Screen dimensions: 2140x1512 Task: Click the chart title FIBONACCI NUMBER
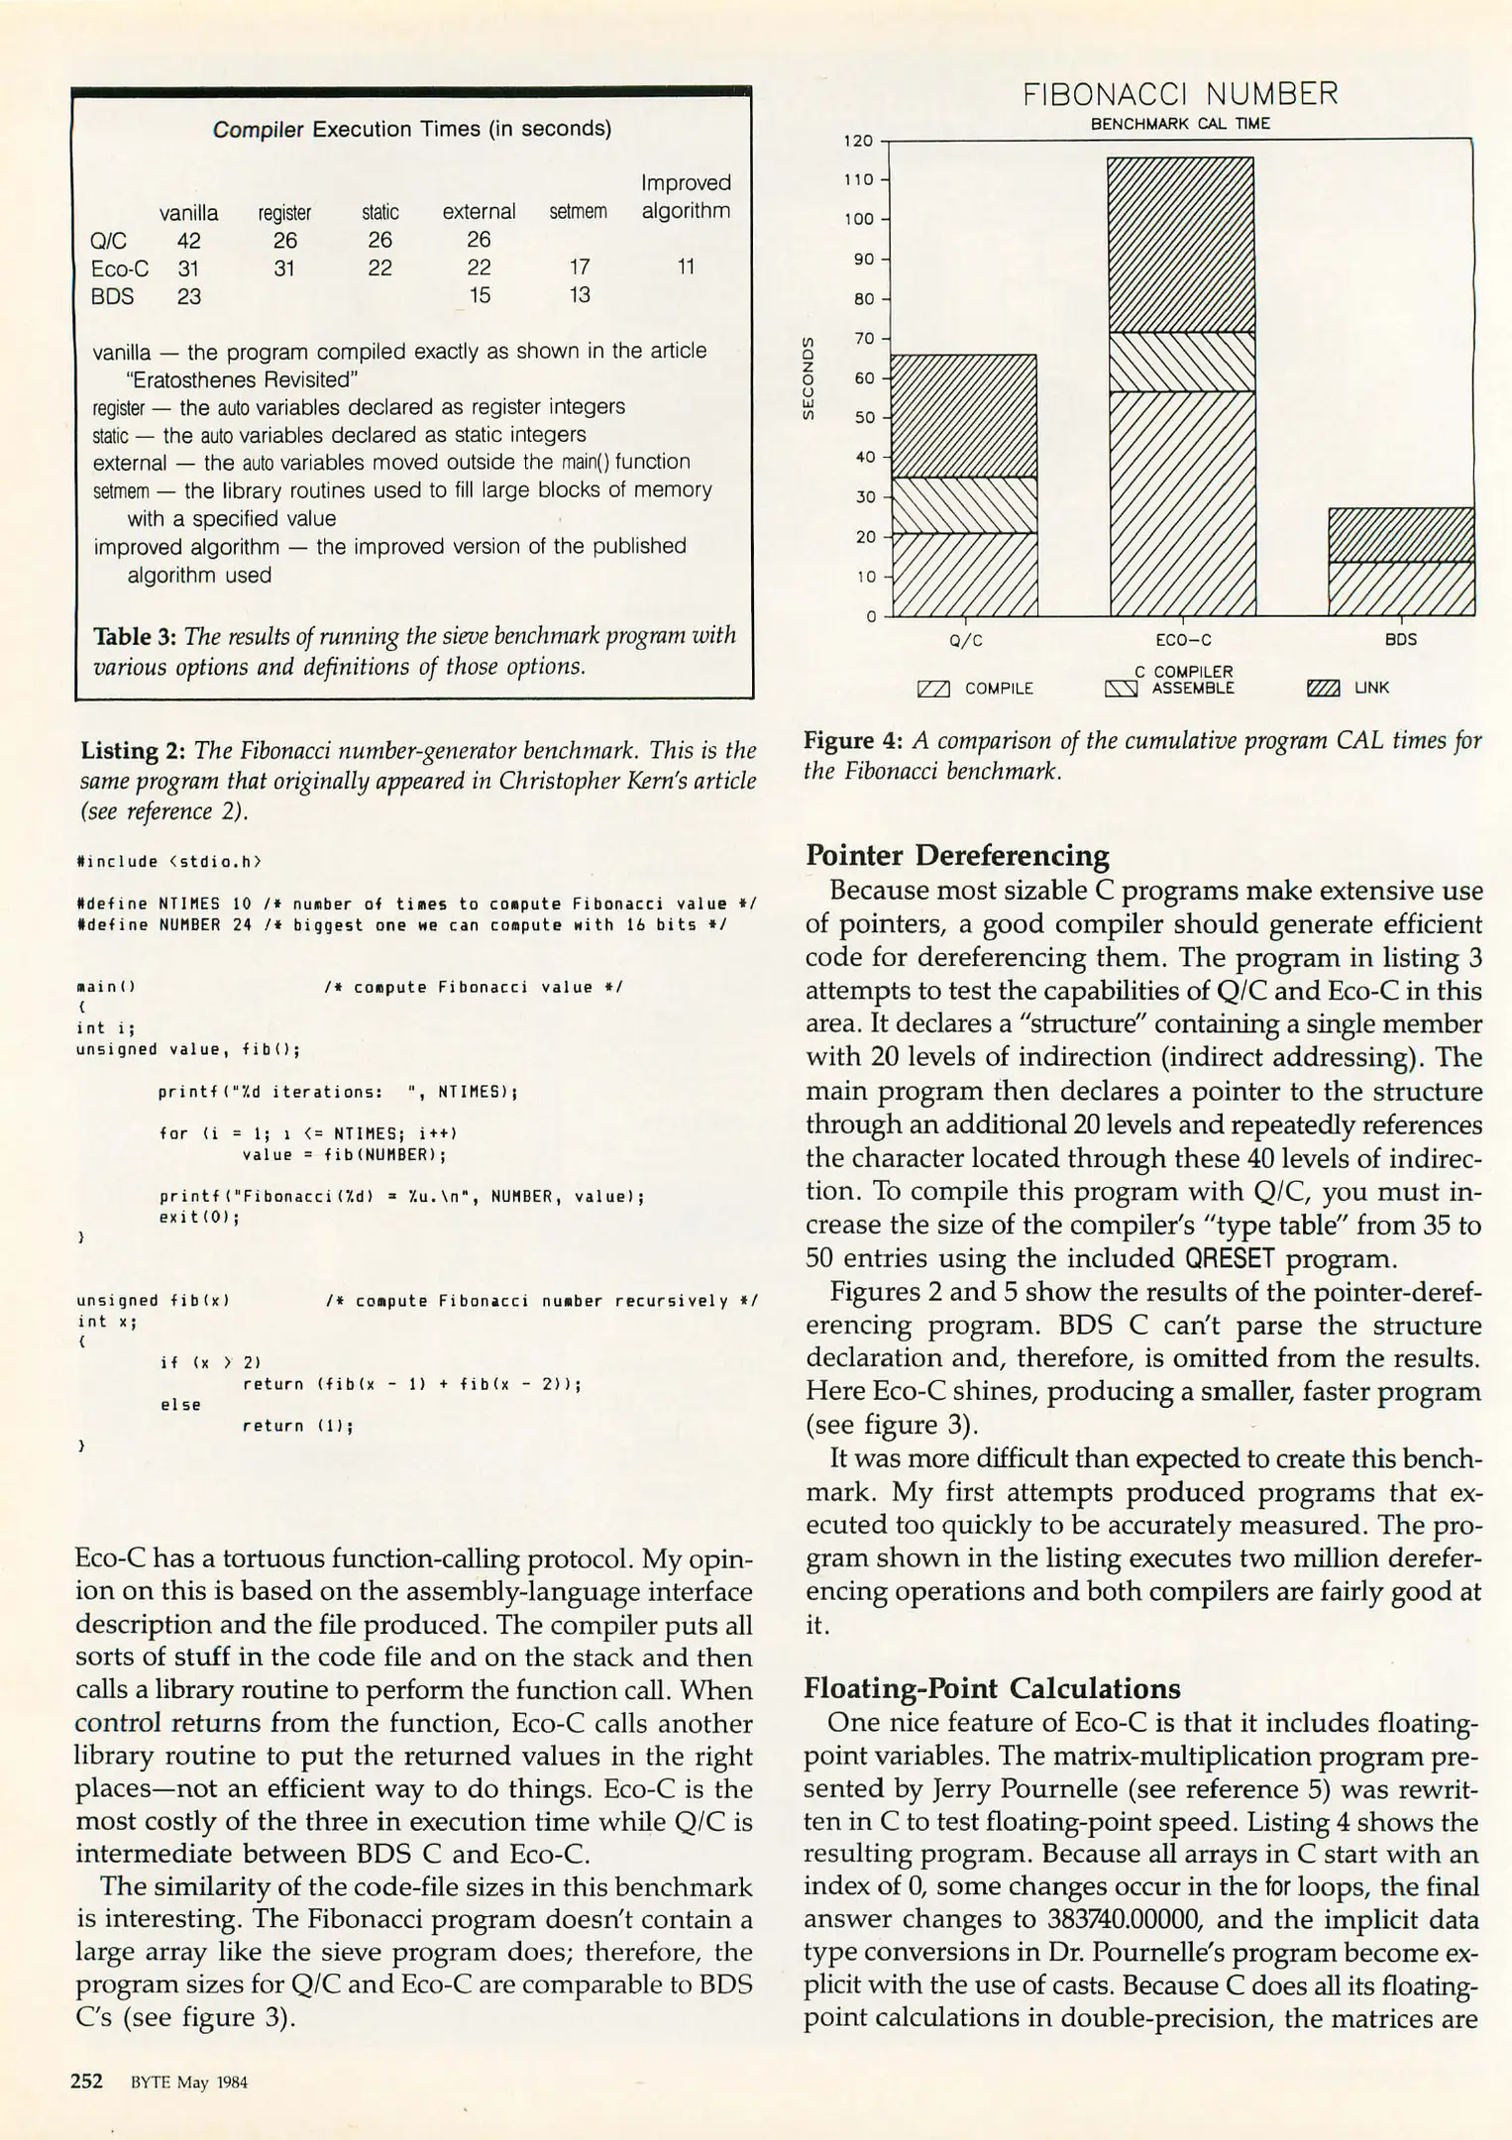coord(1179,94)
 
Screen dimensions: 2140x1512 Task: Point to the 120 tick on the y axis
coord(858,141)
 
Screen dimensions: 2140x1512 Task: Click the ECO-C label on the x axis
coord(1183,640)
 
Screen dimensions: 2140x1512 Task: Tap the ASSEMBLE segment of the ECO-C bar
coord(1181,362)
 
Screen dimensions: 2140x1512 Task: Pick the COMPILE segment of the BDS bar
coord(1401,588)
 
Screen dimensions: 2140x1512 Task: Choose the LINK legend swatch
coord(1324,689)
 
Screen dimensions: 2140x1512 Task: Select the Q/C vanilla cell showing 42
coord(188,241)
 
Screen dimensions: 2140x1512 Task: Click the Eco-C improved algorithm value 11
coord(686,267)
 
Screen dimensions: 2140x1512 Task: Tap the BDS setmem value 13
coord(580,295)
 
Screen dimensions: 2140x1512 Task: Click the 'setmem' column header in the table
coord(578,212)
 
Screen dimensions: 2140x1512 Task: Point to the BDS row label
coord(112,296)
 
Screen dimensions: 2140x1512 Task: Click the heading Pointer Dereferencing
coord(957,855)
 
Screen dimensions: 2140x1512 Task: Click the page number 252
coord(87,2082)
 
